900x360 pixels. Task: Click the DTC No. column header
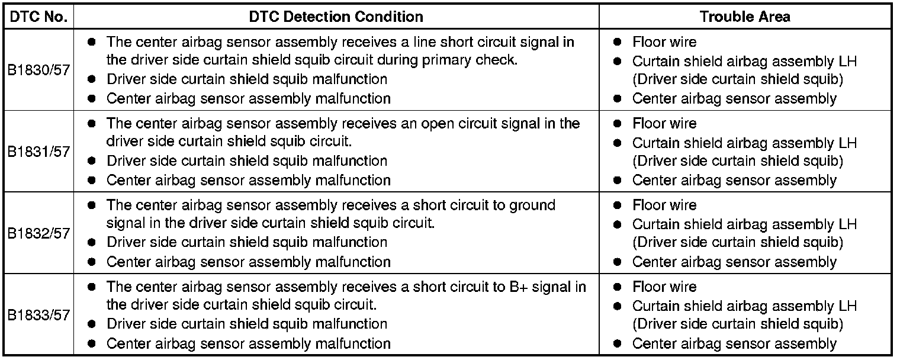[x=38, y=16]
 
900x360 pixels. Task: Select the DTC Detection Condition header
[x=336, y=16]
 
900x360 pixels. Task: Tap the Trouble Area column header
[x=745, y=16]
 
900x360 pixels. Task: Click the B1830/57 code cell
[x=38, y=70]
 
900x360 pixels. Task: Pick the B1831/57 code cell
[x=38, y=152]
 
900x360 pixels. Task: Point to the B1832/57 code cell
[x=38, y=233]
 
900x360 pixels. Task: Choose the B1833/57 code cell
[x=38, y=315]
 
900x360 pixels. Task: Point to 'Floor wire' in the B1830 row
[x=664, y=42]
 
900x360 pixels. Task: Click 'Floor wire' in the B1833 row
[x=664, y=287]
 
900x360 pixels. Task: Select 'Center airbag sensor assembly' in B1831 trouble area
[x=734, y=180]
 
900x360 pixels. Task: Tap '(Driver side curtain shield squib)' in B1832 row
[x=738, y=242]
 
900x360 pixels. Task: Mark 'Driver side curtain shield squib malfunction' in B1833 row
[x=247, y=324]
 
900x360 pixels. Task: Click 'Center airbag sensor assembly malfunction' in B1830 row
[x=249, y=98]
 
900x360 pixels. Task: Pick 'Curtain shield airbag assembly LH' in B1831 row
[x=744, y=143]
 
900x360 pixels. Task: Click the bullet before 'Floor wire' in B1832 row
[x=618, y=205]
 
